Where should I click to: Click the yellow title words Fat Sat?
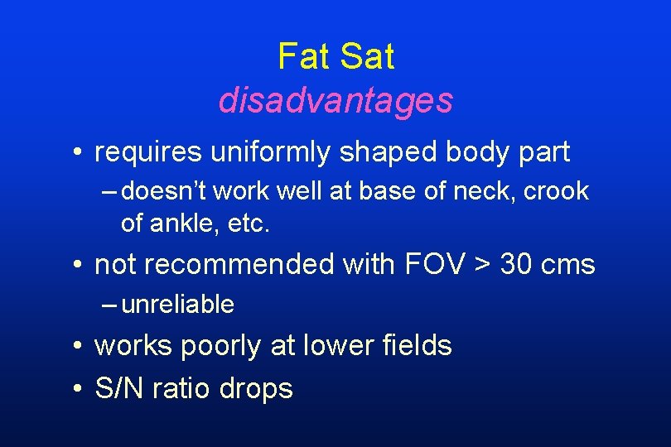(x=335, y=57)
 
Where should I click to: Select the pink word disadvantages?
(x=335, y=101)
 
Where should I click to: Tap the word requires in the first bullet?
(x=147, y=153)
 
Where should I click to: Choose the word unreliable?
(x=177, y=305)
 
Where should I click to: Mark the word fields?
(x=414, y=345)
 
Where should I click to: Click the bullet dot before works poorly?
(x=75, y=346)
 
